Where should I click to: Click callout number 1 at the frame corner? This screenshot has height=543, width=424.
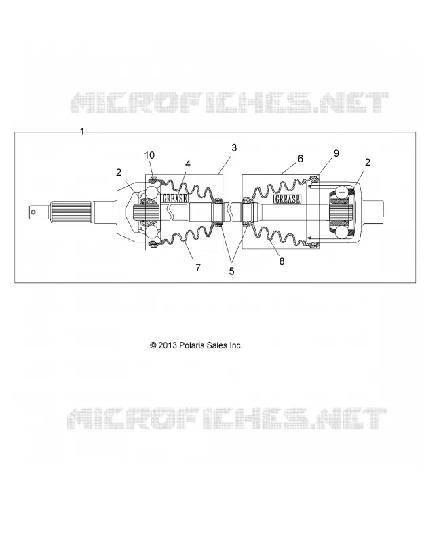(x=82, y=132)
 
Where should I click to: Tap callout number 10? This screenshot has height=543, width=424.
(x=149, y=155)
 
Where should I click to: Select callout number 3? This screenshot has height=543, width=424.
(x=234, y=147)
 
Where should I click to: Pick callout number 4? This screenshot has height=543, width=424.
(x=188, y=164)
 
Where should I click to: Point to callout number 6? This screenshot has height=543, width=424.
(x=300, y=158)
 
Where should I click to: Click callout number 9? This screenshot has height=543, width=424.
(x=336, y=153)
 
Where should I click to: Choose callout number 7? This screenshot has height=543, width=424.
(x=197, y=267)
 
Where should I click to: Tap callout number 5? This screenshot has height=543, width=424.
(x=231, y=271)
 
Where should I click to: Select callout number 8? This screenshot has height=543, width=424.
(x=282, y=261)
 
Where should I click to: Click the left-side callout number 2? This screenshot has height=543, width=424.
(x=119, y=172)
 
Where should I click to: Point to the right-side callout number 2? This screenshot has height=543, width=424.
(x=368, y=162)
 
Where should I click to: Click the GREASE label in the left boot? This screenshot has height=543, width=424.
(x=175, y=198)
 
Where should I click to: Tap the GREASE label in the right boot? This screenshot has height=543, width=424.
(x=287, y=199)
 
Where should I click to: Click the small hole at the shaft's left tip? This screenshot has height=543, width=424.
(x=33, y=212)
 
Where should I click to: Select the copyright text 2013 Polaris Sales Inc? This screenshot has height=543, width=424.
(x=196, y=345)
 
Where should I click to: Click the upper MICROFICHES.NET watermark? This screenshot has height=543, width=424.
(x=229, y=102)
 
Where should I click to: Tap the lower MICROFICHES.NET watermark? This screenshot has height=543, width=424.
(x=227, y=418)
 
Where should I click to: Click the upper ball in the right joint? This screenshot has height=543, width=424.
(x=343, y=191)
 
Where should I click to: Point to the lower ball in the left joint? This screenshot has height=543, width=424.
(x=152, y=232)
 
